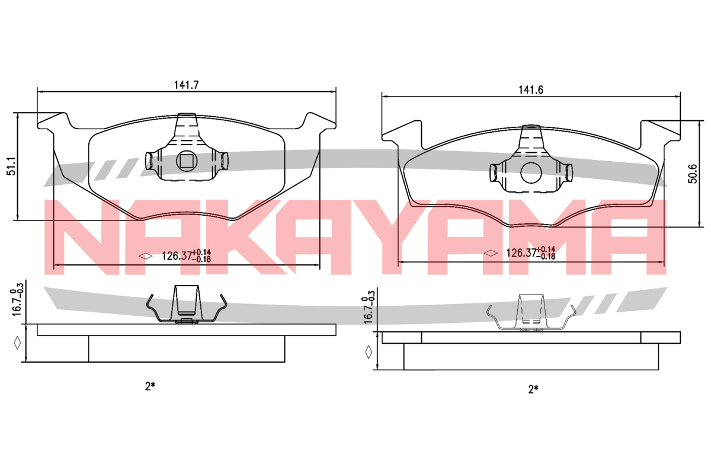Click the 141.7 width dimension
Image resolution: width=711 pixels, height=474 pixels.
click(x=186, y=85)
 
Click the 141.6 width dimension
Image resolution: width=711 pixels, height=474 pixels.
click(x=531, y=90)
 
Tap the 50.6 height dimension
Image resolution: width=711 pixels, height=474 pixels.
click(x=693, y=174)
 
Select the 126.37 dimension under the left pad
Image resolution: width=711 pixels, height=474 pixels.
click(x=186, y=255)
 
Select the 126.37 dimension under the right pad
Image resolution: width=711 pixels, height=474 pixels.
click(x=531, y=253)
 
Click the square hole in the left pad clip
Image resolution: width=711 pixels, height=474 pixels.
click(x=187, y=161)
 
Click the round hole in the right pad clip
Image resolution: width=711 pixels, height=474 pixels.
click(x=531, y=172)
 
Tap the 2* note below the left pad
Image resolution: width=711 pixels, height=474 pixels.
click(x=150, y=386)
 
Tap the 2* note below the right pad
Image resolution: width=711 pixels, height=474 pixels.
click(x=533, y=389)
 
